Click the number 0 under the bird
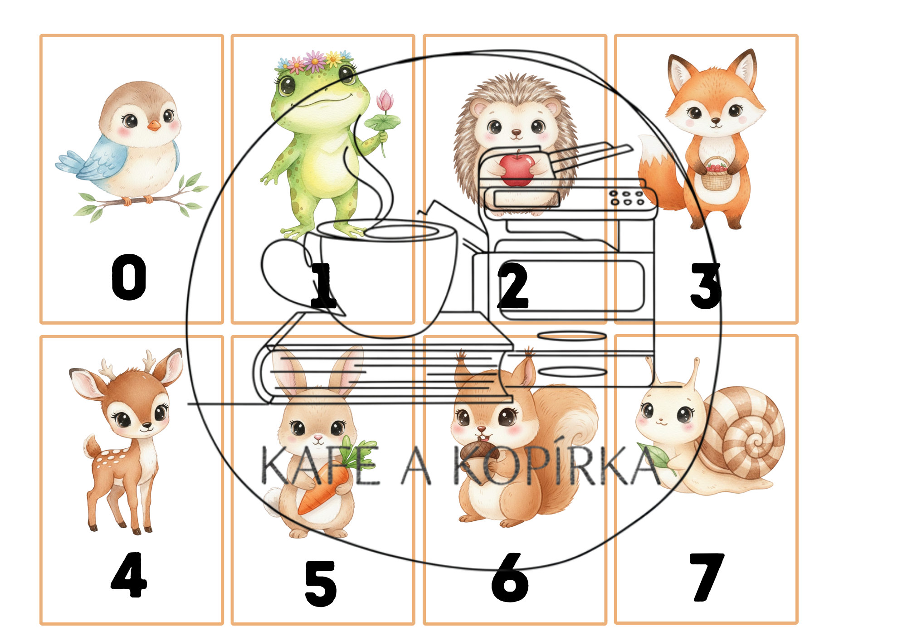[129, 277]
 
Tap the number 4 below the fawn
[129, 575]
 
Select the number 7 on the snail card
[707, 577]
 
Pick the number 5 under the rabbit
[321, 583]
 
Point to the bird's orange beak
[154, 126]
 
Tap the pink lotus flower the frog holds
[385, 101]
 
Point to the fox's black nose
[716, 121]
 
